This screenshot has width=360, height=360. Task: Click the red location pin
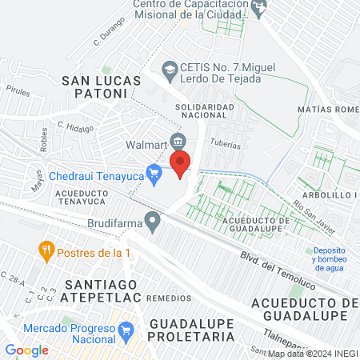tap(180, 163)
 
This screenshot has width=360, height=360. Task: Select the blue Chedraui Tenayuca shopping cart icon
tap(157, 172)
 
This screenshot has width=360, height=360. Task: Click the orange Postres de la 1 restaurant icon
tap(46, 250)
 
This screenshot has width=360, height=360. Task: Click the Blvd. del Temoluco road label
tap(278, 266)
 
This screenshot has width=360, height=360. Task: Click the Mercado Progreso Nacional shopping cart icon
tap(126, 330)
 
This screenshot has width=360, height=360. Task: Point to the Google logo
tap(26, 350)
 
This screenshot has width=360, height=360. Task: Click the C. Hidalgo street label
tap(75, 126)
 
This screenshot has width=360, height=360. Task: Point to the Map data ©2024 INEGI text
tap(312, 353)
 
